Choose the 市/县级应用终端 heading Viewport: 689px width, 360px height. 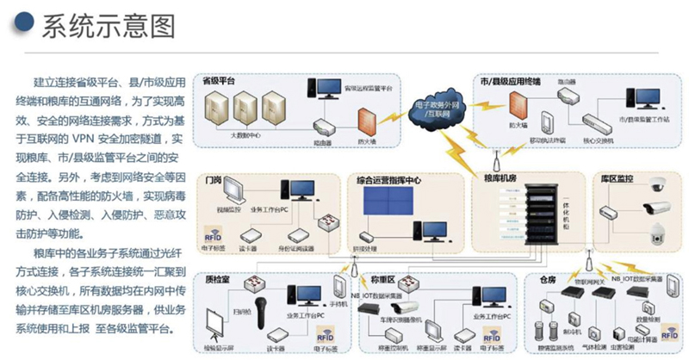512,80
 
